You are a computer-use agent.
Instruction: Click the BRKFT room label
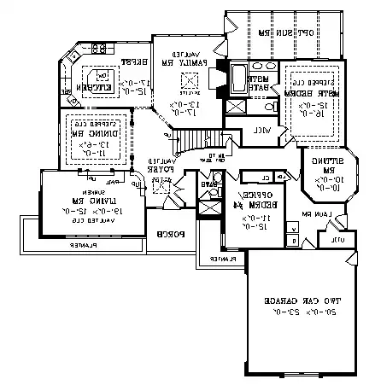[129, 61]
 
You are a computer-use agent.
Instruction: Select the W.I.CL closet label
[263, 131]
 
